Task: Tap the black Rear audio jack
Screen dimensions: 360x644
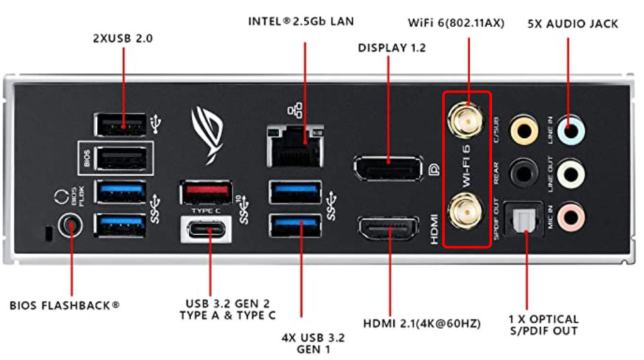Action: point(523,172)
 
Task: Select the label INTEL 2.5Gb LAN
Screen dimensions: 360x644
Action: point(301,21)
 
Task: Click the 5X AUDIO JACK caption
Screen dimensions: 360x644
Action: point(572,24)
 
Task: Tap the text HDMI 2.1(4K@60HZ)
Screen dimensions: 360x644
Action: point(422,323)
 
